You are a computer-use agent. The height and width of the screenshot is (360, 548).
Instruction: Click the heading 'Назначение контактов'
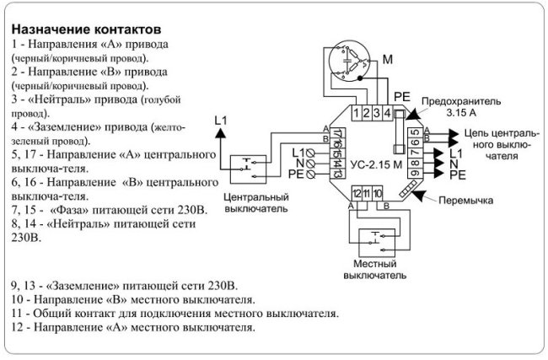(86, 29)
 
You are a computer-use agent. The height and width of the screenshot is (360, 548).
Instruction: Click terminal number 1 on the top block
(356, 113)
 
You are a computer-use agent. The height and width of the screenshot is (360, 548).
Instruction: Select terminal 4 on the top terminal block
(387, 113)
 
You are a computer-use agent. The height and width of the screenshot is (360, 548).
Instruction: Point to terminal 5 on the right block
(415, 133)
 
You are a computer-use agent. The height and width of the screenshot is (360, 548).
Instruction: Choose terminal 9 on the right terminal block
(415, 173)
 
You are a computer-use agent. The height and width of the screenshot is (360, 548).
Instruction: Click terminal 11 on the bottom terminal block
(367, 193)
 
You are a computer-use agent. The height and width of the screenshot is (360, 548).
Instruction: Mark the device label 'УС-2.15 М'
(376, 164)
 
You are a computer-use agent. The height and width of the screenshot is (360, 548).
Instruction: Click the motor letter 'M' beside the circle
(388, 60)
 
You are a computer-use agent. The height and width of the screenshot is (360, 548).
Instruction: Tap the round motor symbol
(349, 61)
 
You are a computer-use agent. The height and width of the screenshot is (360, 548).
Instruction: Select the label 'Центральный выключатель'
(256, 202)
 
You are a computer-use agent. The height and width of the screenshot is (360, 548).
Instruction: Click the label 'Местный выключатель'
(374, 269)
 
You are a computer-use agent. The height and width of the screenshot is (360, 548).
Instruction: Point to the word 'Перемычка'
(465, 201)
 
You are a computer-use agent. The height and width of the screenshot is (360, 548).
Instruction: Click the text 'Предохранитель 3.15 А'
(461, 107)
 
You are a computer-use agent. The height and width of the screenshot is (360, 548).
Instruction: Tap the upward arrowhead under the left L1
(220, 132)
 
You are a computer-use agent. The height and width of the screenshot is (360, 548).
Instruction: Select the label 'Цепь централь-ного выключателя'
(502, 145)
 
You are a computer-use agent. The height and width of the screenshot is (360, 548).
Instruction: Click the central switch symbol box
(248, 169)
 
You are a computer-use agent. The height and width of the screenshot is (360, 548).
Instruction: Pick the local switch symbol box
(377, 243)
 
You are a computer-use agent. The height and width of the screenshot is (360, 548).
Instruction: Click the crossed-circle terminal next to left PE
(310, 174)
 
